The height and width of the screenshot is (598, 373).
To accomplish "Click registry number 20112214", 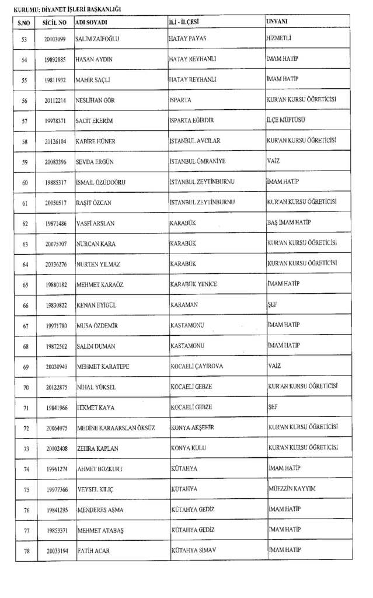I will tap(54, 100).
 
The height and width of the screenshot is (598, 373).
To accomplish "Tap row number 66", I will tap(24, 305).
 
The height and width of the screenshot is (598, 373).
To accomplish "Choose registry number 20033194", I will tap(54, 551).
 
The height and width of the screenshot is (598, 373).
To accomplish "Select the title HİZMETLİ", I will tap(278, 39).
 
